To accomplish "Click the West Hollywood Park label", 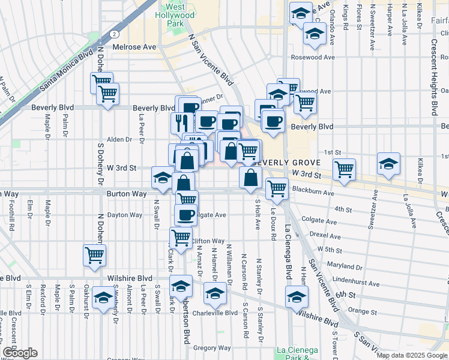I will (x=175, y=15).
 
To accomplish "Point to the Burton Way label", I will (x=127, y=194).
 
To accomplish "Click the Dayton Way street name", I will (x=125, y=215).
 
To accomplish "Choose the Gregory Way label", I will (x=212, y=347).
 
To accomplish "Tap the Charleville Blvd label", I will (x=218, y=313).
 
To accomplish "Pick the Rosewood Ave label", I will (x=311, y=58).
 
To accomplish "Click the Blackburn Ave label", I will (x=313, y=193).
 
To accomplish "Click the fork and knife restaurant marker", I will (x=181, y=123).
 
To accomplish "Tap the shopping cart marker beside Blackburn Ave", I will (x=277, y=188).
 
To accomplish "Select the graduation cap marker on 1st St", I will (x=388, y=163).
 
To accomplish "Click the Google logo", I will (x=20, y=353).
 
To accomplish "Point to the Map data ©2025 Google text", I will (x=411, y=355).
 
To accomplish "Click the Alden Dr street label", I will (x=119, y=139).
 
